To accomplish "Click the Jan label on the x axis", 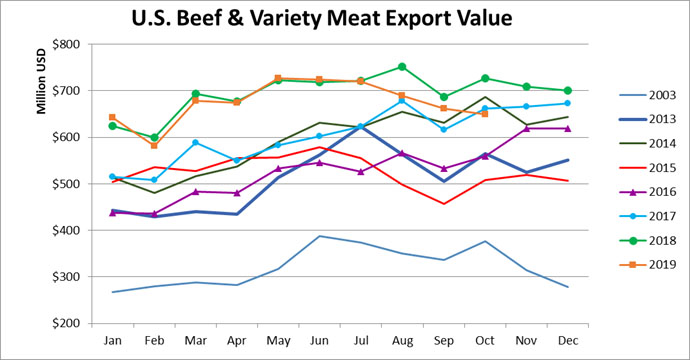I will tap(112, 341).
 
